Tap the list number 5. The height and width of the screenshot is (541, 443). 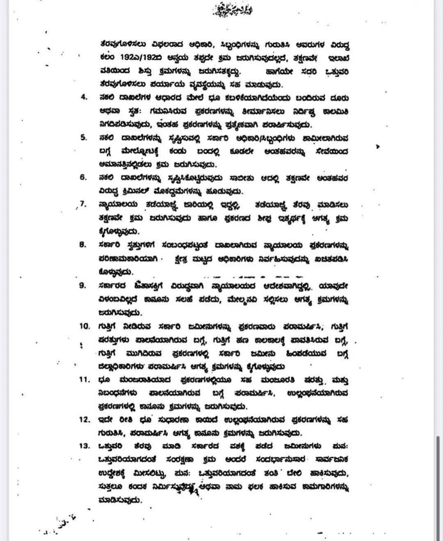[x=84, y=137]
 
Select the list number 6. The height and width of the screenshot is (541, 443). [x=84, y=177]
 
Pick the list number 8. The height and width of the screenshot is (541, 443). [x=83, y=245]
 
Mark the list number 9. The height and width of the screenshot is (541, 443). [x=83, y=285]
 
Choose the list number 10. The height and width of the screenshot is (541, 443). [x=84, y=326]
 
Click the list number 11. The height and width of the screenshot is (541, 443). [x=84, y=379]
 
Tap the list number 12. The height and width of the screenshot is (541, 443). [x=84, y=420]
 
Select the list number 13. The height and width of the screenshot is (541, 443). [x=84, y=446]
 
